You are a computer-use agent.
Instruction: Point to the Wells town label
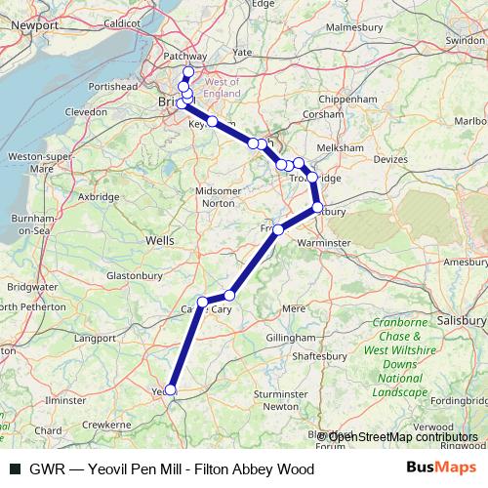(x=158, y=239)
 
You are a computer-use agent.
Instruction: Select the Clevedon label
(x=87, y=112)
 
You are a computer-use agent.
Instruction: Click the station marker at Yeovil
(x=171, y=389)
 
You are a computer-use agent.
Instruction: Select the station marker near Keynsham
(x=212, y=121)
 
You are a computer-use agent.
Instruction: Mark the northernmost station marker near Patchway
(x=188, y=73)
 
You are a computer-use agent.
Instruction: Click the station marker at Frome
(x=278, y=229)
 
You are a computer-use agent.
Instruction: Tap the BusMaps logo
(x=441, y=468)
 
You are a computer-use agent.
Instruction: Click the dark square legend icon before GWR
(x=16, y=469)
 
